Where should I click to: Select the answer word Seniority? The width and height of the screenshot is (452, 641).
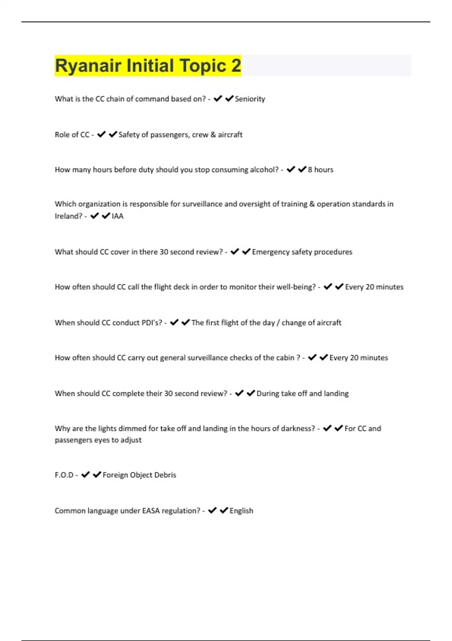click(x=250, y=99)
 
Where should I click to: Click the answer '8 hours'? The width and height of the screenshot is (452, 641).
click(x=320, y=170)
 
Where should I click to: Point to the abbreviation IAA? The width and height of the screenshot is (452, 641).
click(x=118, y=216)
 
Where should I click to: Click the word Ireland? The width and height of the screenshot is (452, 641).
click(x=68, y=216)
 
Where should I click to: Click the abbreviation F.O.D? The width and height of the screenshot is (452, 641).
click(x=64, y=475)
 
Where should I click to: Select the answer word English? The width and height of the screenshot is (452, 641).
click(x=241, y=511)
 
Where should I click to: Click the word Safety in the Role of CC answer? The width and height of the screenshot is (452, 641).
click(x=129, y=135)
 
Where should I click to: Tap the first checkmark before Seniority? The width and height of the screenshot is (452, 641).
click(x=218, y=99)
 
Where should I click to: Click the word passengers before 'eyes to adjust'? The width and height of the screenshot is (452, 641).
click(x=73, y=440)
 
